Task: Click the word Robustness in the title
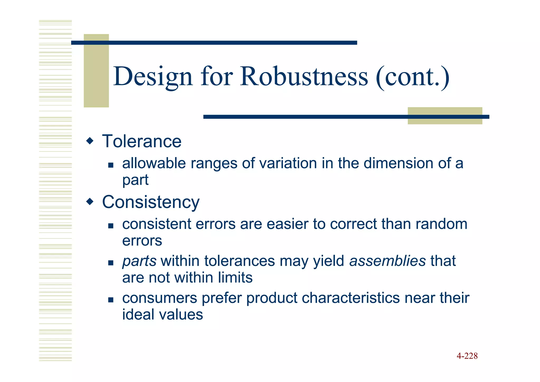click(304, 77)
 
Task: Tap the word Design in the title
click(153, 77)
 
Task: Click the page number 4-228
click(467, 356)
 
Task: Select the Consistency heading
click(151, 202)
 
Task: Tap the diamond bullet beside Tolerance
click(90, 141)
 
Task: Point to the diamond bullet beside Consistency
click(90, 202)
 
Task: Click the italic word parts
click(139, 261)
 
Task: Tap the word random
click(441, 224)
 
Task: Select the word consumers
click(160, 298)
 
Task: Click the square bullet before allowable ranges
click(111, 166)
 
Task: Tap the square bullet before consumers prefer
click(111, 300)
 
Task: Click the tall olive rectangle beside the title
click(96, 70)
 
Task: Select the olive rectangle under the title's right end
click(445, 116)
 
